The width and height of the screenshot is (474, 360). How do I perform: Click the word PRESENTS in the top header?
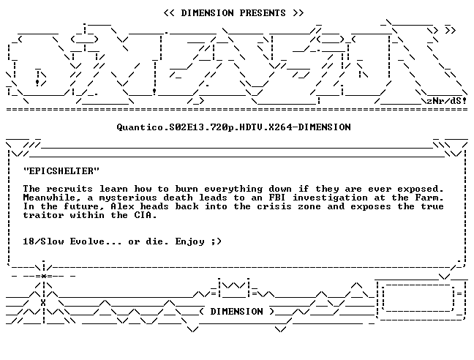263,13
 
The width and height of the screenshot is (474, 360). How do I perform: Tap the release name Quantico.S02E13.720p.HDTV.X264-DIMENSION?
233,127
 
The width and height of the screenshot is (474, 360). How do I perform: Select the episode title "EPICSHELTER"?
61,171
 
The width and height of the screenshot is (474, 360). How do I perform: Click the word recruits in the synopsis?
69,189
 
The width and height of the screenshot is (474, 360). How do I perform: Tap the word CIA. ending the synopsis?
146,215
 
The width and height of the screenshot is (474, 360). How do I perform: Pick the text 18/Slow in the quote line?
44,241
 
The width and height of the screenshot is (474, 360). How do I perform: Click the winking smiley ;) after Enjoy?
217,241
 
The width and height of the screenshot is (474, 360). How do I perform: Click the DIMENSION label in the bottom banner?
237,311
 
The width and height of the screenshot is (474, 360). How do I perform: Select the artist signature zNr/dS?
446,101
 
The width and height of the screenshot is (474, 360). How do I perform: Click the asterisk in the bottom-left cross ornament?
44,276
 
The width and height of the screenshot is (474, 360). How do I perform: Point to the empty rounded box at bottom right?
418,298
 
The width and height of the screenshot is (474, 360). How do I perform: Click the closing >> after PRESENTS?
298,13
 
